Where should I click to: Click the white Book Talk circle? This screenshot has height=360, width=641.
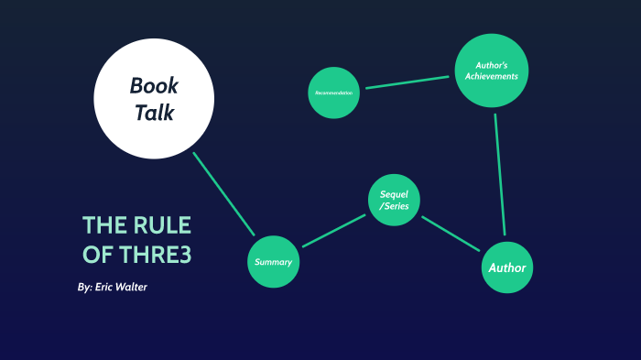[154, 98]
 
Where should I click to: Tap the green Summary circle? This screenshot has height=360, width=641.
[274, 262]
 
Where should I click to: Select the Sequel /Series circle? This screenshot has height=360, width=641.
[395, 201]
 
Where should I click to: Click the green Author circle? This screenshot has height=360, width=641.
[506, 267]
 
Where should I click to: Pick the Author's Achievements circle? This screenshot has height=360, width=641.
[492, 71]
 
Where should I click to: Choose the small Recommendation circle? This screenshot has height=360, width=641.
[334, 93]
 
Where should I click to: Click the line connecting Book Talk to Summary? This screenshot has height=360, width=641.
[224, 193]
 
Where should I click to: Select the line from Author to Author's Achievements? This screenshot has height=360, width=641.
[500, 174]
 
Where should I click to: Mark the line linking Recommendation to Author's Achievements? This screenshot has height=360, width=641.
[409, 82]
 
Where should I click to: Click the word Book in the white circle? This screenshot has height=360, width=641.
[154, 86]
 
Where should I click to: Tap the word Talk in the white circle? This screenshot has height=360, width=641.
[154, 114]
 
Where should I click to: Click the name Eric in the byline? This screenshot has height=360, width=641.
[103, 288]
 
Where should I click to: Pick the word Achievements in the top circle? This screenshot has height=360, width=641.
[491, 76]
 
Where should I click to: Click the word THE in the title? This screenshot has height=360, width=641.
[102, 225]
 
